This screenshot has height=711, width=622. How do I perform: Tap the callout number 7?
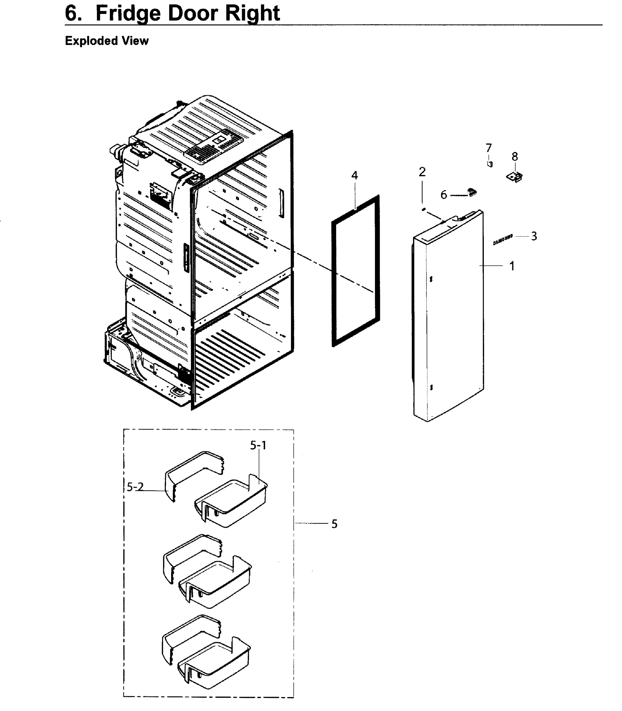489,148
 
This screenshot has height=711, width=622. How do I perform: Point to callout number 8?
515,157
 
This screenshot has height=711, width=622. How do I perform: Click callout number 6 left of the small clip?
444,195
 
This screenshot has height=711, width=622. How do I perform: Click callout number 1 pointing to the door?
512,267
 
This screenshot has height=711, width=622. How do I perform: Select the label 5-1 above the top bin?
258,446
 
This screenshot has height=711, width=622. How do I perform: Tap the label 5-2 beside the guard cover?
135,487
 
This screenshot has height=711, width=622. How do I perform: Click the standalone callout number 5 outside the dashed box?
334,524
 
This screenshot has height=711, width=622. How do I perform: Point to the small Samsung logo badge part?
503,239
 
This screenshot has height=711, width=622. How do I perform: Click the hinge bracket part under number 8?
515,177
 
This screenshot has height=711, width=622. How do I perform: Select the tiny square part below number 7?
490,164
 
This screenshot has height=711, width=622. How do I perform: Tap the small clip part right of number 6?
472,192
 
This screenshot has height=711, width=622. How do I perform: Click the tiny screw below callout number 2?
423,209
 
